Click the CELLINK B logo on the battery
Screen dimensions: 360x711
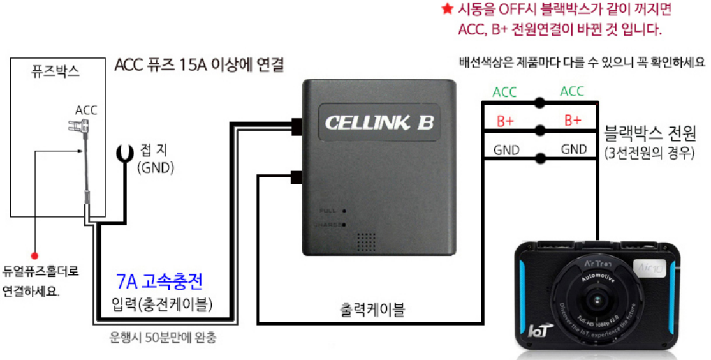(379, 122)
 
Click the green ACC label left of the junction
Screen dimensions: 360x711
(504, 93)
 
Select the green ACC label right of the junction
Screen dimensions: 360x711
(572, 92)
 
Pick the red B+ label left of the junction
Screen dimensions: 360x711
(504, 121)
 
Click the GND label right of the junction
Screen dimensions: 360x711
(574, 149)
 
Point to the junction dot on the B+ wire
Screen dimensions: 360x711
(540, 130)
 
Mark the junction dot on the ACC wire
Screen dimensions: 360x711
(540, 102)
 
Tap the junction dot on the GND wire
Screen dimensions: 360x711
(540, 158)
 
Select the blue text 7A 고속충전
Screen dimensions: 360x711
(160, 281)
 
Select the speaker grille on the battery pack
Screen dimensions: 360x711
(365, 241)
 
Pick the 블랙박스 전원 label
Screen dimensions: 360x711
(649, 133)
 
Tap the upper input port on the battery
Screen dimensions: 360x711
(295, 126)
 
